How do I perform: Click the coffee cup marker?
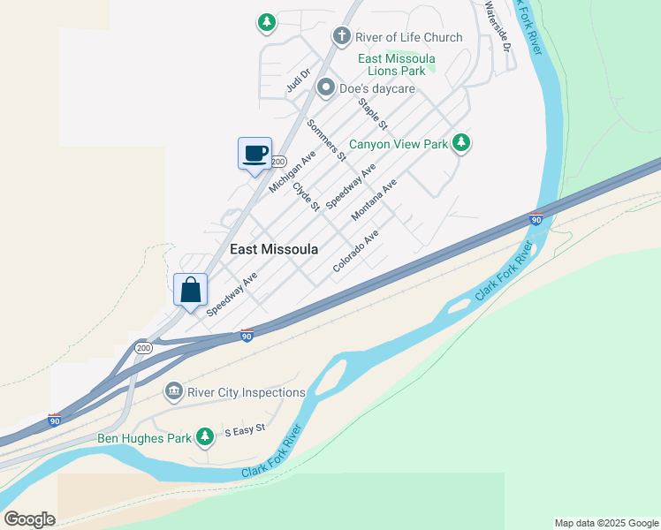tap(255, 154)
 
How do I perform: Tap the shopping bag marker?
tap(191, 289)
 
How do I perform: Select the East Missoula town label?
tap(274, 249)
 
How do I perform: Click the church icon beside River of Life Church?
tap(342, 36)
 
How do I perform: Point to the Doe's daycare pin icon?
tap(326, 87)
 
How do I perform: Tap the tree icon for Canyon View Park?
tap(460, 143)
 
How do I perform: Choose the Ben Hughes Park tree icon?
tap(205, 436)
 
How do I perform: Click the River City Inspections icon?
tap(173, 391)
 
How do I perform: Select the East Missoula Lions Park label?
tap(397, 64)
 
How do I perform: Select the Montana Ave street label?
tap(374, 200)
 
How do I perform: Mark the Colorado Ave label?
tap(355, 251)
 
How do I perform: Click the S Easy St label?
tap(245, 430)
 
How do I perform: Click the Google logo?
tap(29, 519)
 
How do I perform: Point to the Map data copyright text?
tap(605, 523)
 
